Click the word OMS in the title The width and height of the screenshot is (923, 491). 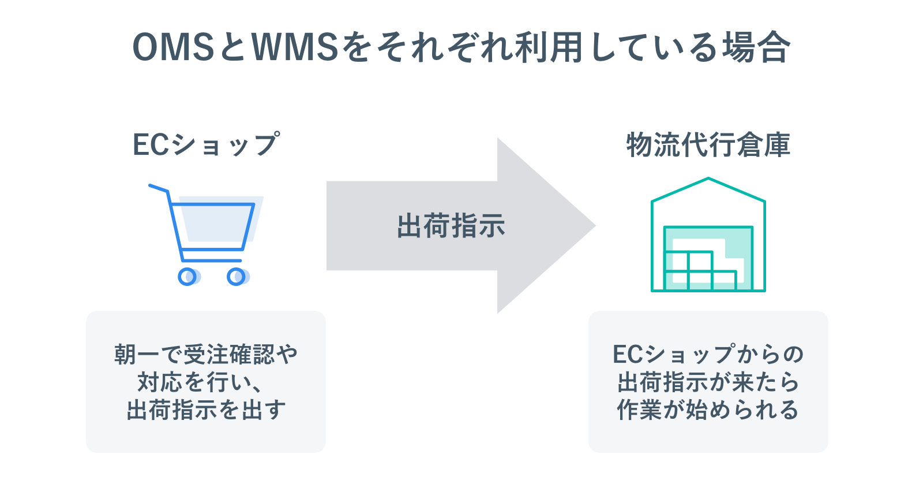(173, 47)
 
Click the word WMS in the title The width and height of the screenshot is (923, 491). (295, 47)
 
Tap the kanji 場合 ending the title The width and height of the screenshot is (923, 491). (756, 47)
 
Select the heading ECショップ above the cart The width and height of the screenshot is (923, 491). (206, 144)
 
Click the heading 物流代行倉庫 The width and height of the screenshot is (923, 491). (708, 144)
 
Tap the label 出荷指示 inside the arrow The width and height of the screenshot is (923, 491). (451, 226)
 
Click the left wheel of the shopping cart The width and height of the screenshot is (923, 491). (187, 277)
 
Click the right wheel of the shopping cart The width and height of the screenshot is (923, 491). (236, 277)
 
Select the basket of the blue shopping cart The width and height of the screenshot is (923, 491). (216, 225)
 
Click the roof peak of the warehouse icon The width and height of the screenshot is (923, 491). (708, 180)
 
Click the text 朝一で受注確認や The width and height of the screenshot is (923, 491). (206, 354)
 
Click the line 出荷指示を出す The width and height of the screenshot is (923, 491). (206, 410)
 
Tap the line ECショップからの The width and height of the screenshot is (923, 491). (708, 354)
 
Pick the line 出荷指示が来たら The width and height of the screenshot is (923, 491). (708, 382)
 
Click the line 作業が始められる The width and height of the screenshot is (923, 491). (708, 410)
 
